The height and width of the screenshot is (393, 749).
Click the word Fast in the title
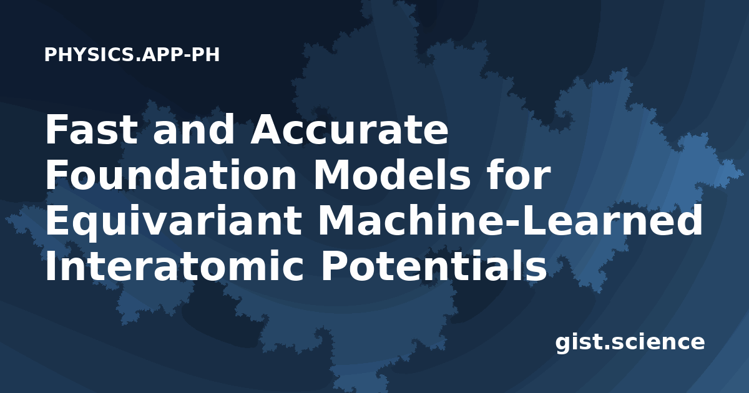point(92,129)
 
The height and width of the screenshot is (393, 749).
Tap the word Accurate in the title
point(350,129)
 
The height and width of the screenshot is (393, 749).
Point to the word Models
point(392,175)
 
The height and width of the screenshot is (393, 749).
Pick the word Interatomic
point(175,266)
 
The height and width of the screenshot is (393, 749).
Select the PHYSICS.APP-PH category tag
point(132,55)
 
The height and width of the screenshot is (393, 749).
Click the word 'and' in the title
point(194,129)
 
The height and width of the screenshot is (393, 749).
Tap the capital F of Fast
point(57,130)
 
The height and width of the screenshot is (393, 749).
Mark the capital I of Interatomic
point(50,266)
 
